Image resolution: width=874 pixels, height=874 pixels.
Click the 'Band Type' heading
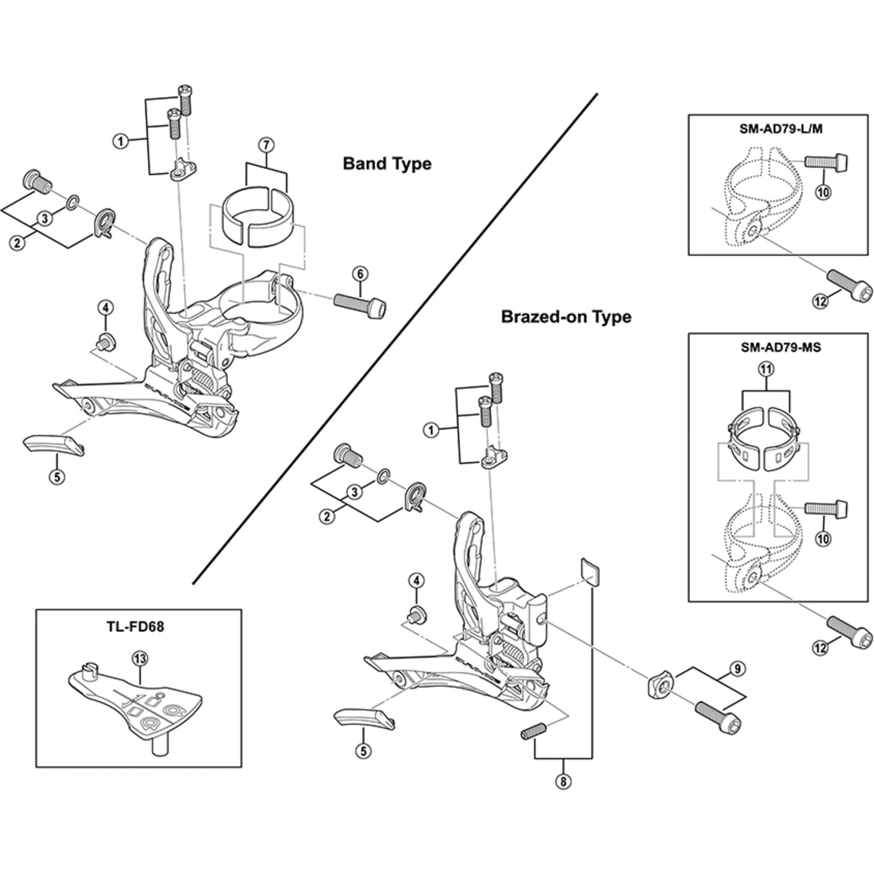coord(387,164)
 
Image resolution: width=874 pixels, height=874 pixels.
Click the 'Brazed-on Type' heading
coord(566,317)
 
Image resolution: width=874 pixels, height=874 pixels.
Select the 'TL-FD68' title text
coord(135,627)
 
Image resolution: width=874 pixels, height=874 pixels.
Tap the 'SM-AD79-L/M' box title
coord(781,129)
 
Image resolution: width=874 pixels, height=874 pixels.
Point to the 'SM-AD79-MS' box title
coord(781,347)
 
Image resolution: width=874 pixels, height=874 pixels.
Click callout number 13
coord(140,659)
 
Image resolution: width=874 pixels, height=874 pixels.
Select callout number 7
coord(266,145)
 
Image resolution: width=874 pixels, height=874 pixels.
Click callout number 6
coord(360,274)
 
